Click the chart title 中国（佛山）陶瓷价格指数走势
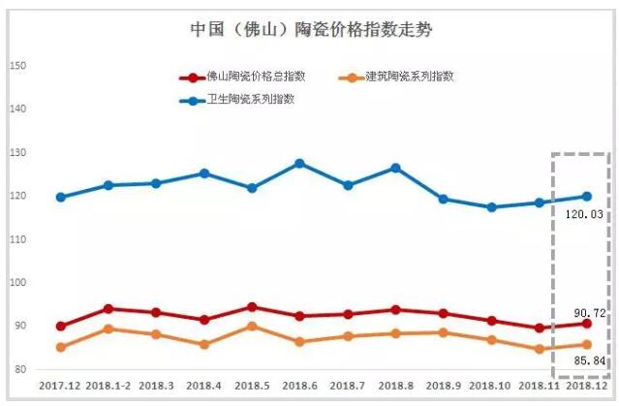tap(310, 29)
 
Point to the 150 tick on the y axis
tap(16, 66)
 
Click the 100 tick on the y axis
tap(16, 283)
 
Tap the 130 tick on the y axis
tap(16, 153)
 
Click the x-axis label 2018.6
tap(300, 386)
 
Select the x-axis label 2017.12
tap(60, 386)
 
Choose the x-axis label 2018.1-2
tap(108, 386)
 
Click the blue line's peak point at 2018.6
tap(300, 163)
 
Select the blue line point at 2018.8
tap(395, 168)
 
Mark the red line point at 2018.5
tap(252, 307)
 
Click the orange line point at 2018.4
tap(204, 344)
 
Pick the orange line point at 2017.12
tap(61, 347)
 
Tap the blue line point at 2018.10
tap(491, 206)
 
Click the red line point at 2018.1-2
tap(108, 309)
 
